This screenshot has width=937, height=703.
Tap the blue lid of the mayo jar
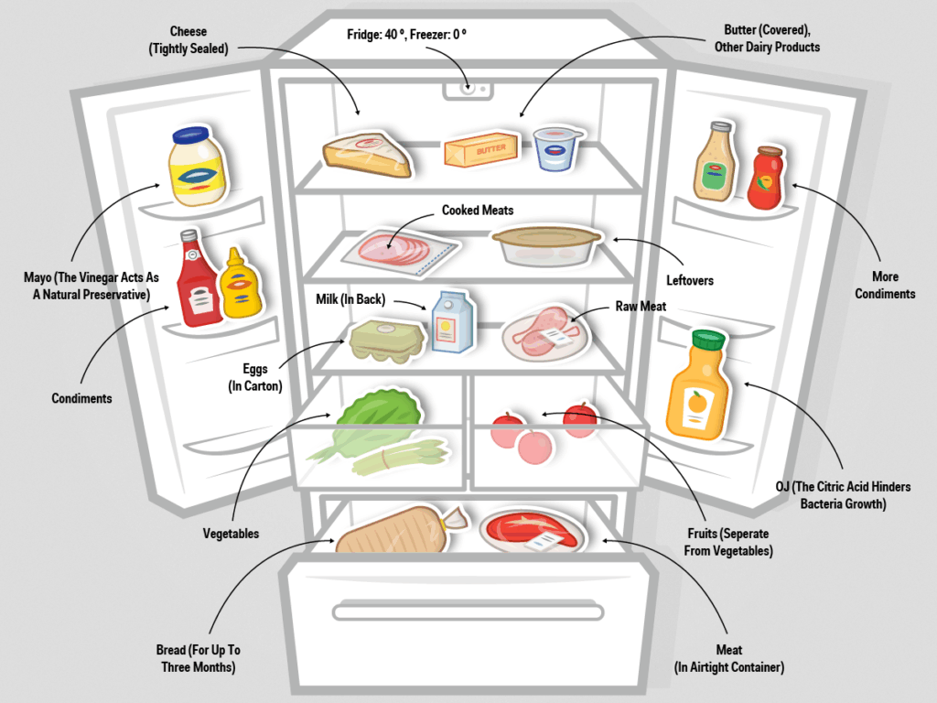(x=190, y=135)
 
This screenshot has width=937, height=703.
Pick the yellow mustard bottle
(x=241, y=284)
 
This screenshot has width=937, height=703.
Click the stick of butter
(x=480, y=149)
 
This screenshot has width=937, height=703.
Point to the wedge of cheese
(x=367, y=154)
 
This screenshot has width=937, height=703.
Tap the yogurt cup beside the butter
(x=557, y=148)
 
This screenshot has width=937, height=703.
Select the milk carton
(x=452, y=322)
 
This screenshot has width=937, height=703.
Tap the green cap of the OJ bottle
(x=708, y=339)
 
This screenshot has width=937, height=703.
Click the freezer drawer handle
(x=468, y=612)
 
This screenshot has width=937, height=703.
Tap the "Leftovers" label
(x=690, y=280)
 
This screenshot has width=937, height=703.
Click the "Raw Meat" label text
(x=641, y=306)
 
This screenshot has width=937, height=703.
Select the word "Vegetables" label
(x=231, y=534)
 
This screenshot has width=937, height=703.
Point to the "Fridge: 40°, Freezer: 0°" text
(x=406, y=34)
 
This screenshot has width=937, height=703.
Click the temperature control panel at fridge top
(x=468, y=90)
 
